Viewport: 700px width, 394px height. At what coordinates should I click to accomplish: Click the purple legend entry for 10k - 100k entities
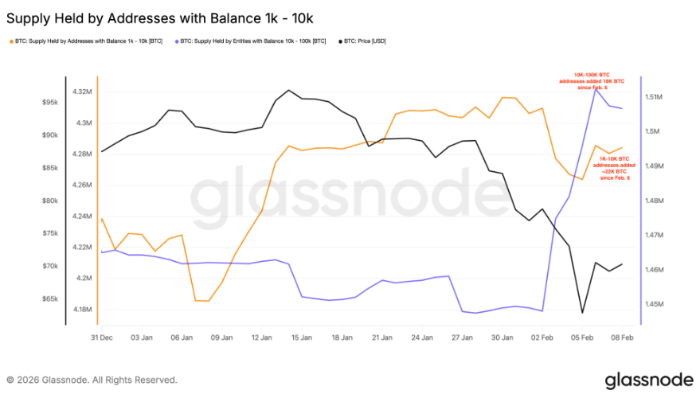[250, 41]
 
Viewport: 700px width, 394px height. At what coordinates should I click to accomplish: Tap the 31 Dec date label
[100, 337]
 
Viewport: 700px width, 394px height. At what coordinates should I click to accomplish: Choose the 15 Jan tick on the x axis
[301, 337]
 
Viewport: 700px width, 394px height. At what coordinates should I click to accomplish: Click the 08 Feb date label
[621, 337]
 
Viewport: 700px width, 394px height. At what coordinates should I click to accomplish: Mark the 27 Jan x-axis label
[462, 337]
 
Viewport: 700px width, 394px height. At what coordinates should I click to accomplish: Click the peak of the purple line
[595, 88]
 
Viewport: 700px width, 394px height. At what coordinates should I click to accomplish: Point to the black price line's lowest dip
[582, 313]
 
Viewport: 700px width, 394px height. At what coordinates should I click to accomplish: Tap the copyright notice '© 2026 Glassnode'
[92, 380]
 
